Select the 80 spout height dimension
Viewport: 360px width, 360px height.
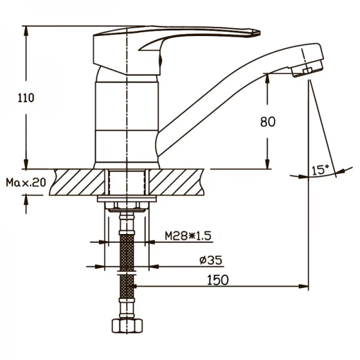coord(267,122)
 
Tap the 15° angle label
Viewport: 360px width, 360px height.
coord(320,170)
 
